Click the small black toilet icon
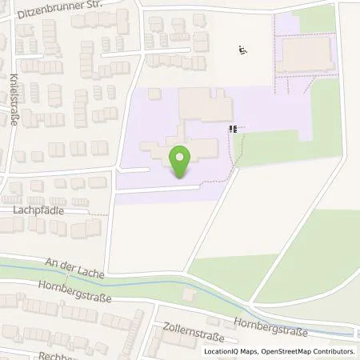pos(234,128)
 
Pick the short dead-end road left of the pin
pos(134,170)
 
